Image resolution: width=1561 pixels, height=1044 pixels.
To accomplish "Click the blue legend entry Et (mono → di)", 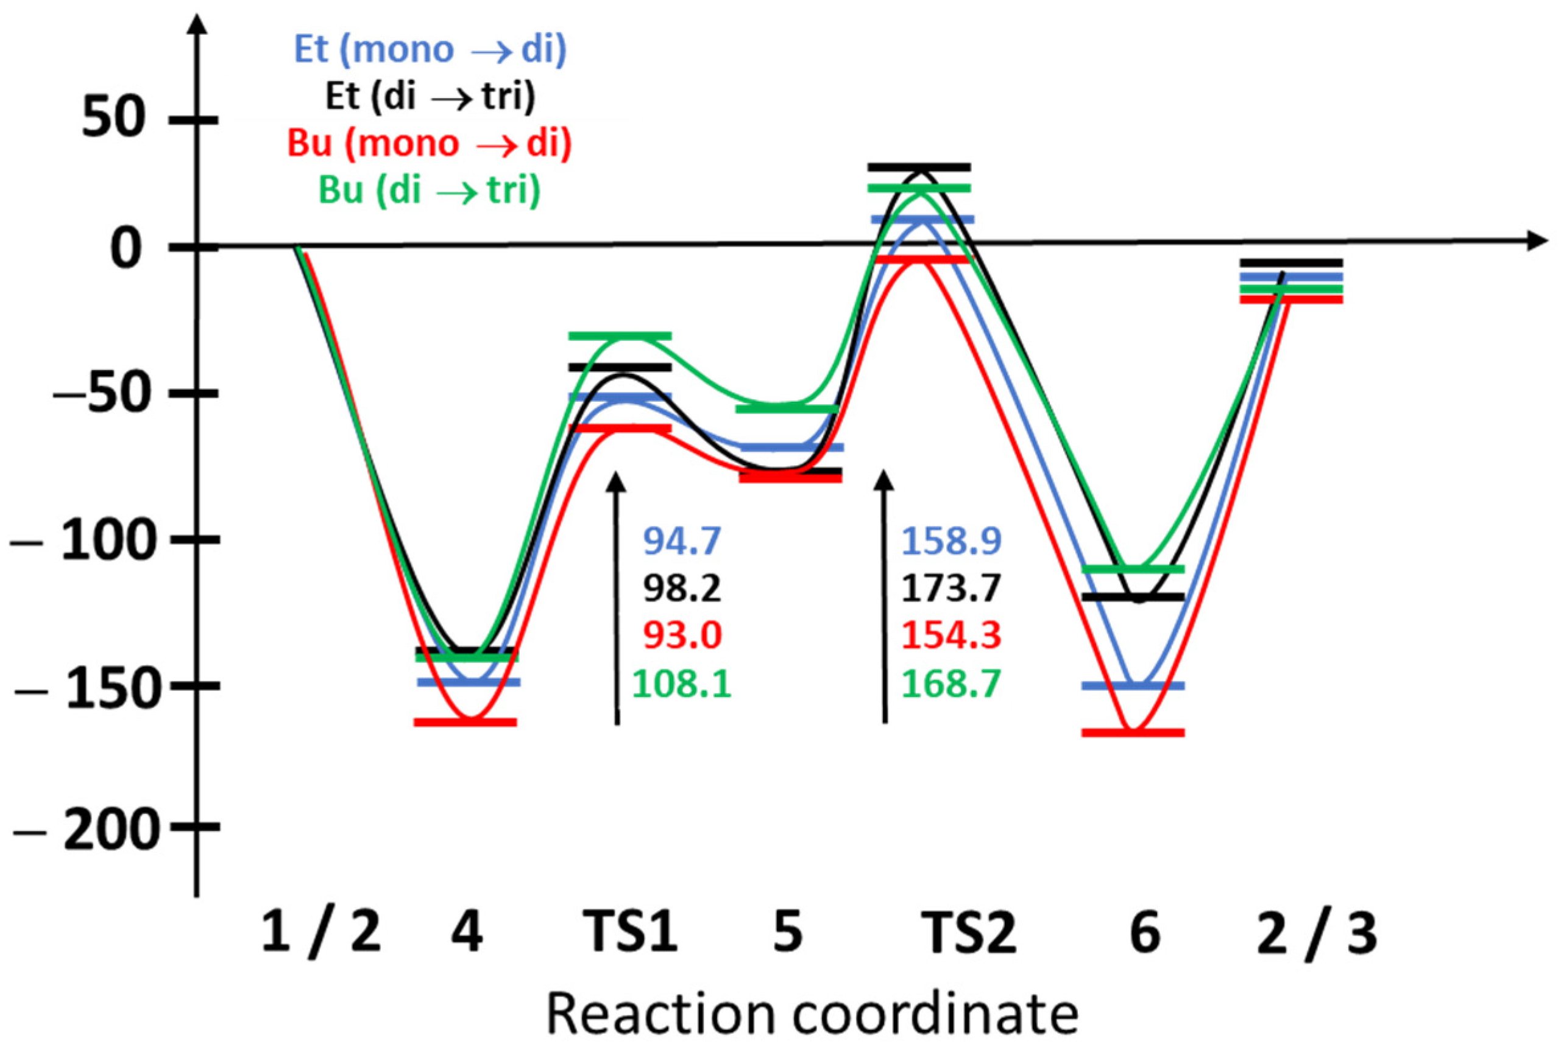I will tap(430, 50).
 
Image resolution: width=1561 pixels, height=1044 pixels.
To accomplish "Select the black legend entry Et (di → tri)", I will tap(430, 97).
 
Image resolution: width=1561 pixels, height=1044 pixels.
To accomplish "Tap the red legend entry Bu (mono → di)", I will tap(430, 144).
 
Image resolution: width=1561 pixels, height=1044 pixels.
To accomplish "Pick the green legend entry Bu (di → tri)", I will tap(430, 191).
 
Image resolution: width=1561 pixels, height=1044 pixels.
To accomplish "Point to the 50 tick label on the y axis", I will tap(113, 120).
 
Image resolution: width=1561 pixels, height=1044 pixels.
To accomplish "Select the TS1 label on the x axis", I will tap(630, 932).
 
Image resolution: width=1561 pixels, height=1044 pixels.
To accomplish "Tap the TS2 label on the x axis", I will tap(969, 932).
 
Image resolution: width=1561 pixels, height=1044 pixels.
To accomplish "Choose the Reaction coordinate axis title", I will tap(812, 1014).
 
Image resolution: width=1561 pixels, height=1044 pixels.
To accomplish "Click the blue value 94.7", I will tap(682, 541).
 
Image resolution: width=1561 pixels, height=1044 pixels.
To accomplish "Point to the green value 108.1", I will tap(682, 684).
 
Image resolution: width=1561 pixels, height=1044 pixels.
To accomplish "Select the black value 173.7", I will tap(951, 589).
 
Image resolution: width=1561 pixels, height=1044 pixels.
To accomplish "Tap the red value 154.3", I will tap(951, 636).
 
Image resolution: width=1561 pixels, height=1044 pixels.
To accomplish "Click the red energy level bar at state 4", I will tap(465, 723).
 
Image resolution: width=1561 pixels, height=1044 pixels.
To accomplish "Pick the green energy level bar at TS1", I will tap(620, 336).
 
